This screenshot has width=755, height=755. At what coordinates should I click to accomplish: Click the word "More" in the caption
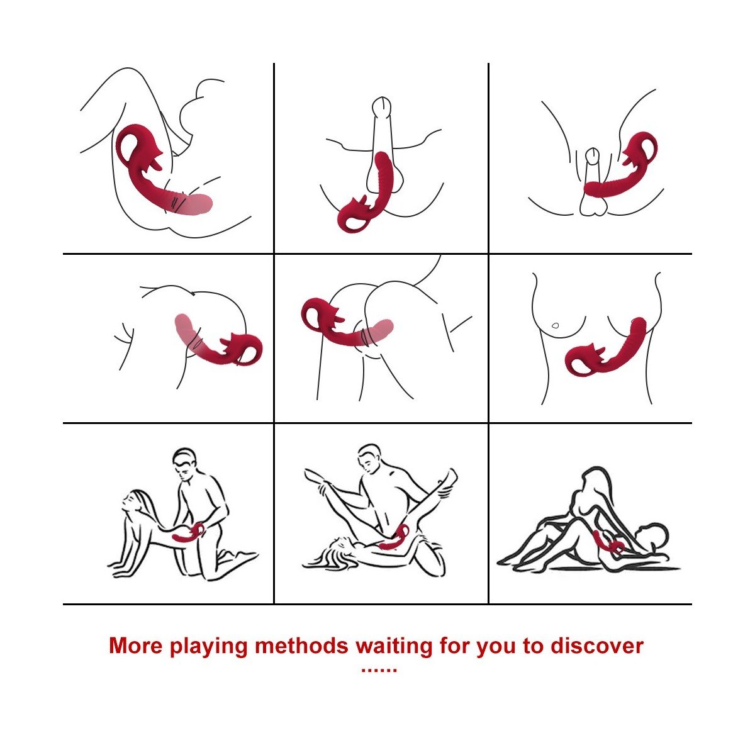click(x=135, y=646)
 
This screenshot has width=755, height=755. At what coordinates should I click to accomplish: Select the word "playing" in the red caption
click(x=208, y=647)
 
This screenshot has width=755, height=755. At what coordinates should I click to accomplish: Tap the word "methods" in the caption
click(x=301, y=646)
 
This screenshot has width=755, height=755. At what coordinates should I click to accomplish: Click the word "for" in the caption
click(x=456, y=646)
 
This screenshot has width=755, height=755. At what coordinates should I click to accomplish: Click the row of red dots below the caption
click(x=379, y=670)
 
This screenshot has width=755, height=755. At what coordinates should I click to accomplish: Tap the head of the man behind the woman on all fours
click(x=184, y=465)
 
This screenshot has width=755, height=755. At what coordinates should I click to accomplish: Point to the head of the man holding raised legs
click(x=369, y=459)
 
